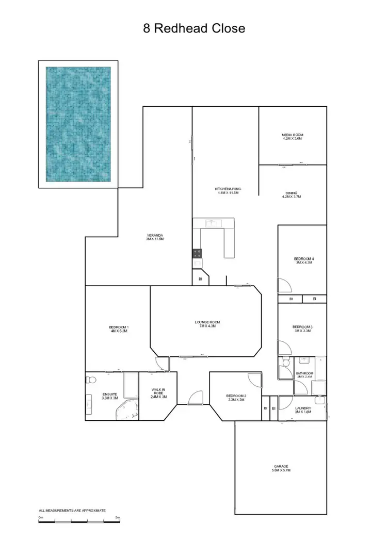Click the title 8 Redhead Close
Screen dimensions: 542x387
194,28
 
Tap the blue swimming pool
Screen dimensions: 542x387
78,124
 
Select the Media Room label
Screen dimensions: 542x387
293,136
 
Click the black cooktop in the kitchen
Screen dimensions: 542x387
198,253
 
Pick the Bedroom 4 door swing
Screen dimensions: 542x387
283,285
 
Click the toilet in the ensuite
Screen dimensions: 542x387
90,381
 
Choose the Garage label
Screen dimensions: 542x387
281,468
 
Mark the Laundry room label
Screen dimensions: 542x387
302,409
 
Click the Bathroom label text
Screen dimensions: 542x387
304,375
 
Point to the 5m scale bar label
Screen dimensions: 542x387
118,517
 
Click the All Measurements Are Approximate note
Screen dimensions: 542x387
72,510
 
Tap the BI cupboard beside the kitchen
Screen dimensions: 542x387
200,280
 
